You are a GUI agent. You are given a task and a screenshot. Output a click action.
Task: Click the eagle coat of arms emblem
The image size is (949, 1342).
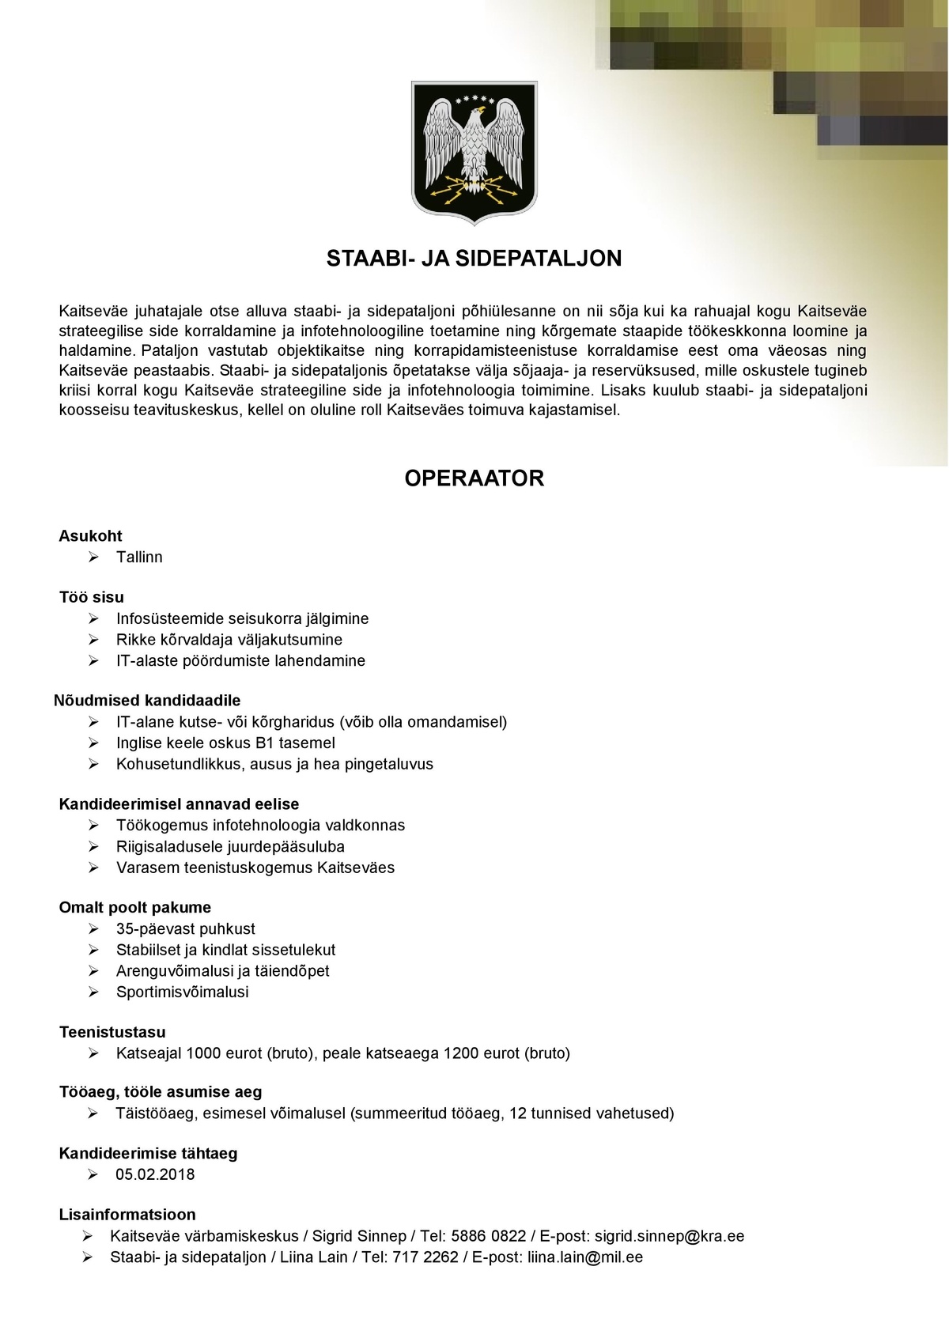(x=475, y=152)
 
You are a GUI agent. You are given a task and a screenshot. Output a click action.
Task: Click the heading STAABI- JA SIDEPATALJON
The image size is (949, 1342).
(x=475, y=259)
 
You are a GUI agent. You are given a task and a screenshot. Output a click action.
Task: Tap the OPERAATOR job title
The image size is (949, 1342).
(x=475, y=478)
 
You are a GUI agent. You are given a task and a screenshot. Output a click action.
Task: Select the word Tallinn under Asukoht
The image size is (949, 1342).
(x=139, y=558)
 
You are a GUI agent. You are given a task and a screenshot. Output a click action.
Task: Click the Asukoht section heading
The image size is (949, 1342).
(x=91, y=536)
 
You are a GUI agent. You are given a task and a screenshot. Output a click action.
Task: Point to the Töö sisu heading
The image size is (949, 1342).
(x=92, y=598)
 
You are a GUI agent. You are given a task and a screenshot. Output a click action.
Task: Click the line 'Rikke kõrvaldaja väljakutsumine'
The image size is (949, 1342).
(x=229, y=640)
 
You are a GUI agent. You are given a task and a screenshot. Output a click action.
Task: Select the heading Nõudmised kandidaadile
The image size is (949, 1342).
(x=147, y=701)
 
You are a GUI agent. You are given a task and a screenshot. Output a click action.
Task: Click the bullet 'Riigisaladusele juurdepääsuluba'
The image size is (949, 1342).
(x=230, y=847)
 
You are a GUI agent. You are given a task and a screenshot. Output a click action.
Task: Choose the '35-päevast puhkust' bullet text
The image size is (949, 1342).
(x=186, y=929)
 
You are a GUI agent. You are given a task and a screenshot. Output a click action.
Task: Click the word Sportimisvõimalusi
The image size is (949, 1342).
(x=183, y=992)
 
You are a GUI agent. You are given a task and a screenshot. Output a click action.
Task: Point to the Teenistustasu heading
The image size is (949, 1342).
(x=112, y=1033)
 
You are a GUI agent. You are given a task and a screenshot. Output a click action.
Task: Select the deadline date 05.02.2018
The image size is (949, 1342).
(x=155, y=1175)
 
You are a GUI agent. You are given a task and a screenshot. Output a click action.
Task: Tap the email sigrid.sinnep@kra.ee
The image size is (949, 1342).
(x=669, y=1237)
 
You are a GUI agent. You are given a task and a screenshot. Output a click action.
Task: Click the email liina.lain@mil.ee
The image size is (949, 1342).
(x=585, y=1257)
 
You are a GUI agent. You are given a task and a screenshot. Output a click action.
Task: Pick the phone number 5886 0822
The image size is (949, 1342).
(x=488, y=1237)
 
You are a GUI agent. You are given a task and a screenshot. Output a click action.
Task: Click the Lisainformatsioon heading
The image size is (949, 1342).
(x=127, y=1215)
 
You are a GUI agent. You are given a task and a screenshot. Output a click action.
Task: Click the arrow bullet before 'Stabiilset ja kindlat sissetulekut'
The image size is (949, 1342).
(x=93, y=951)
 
